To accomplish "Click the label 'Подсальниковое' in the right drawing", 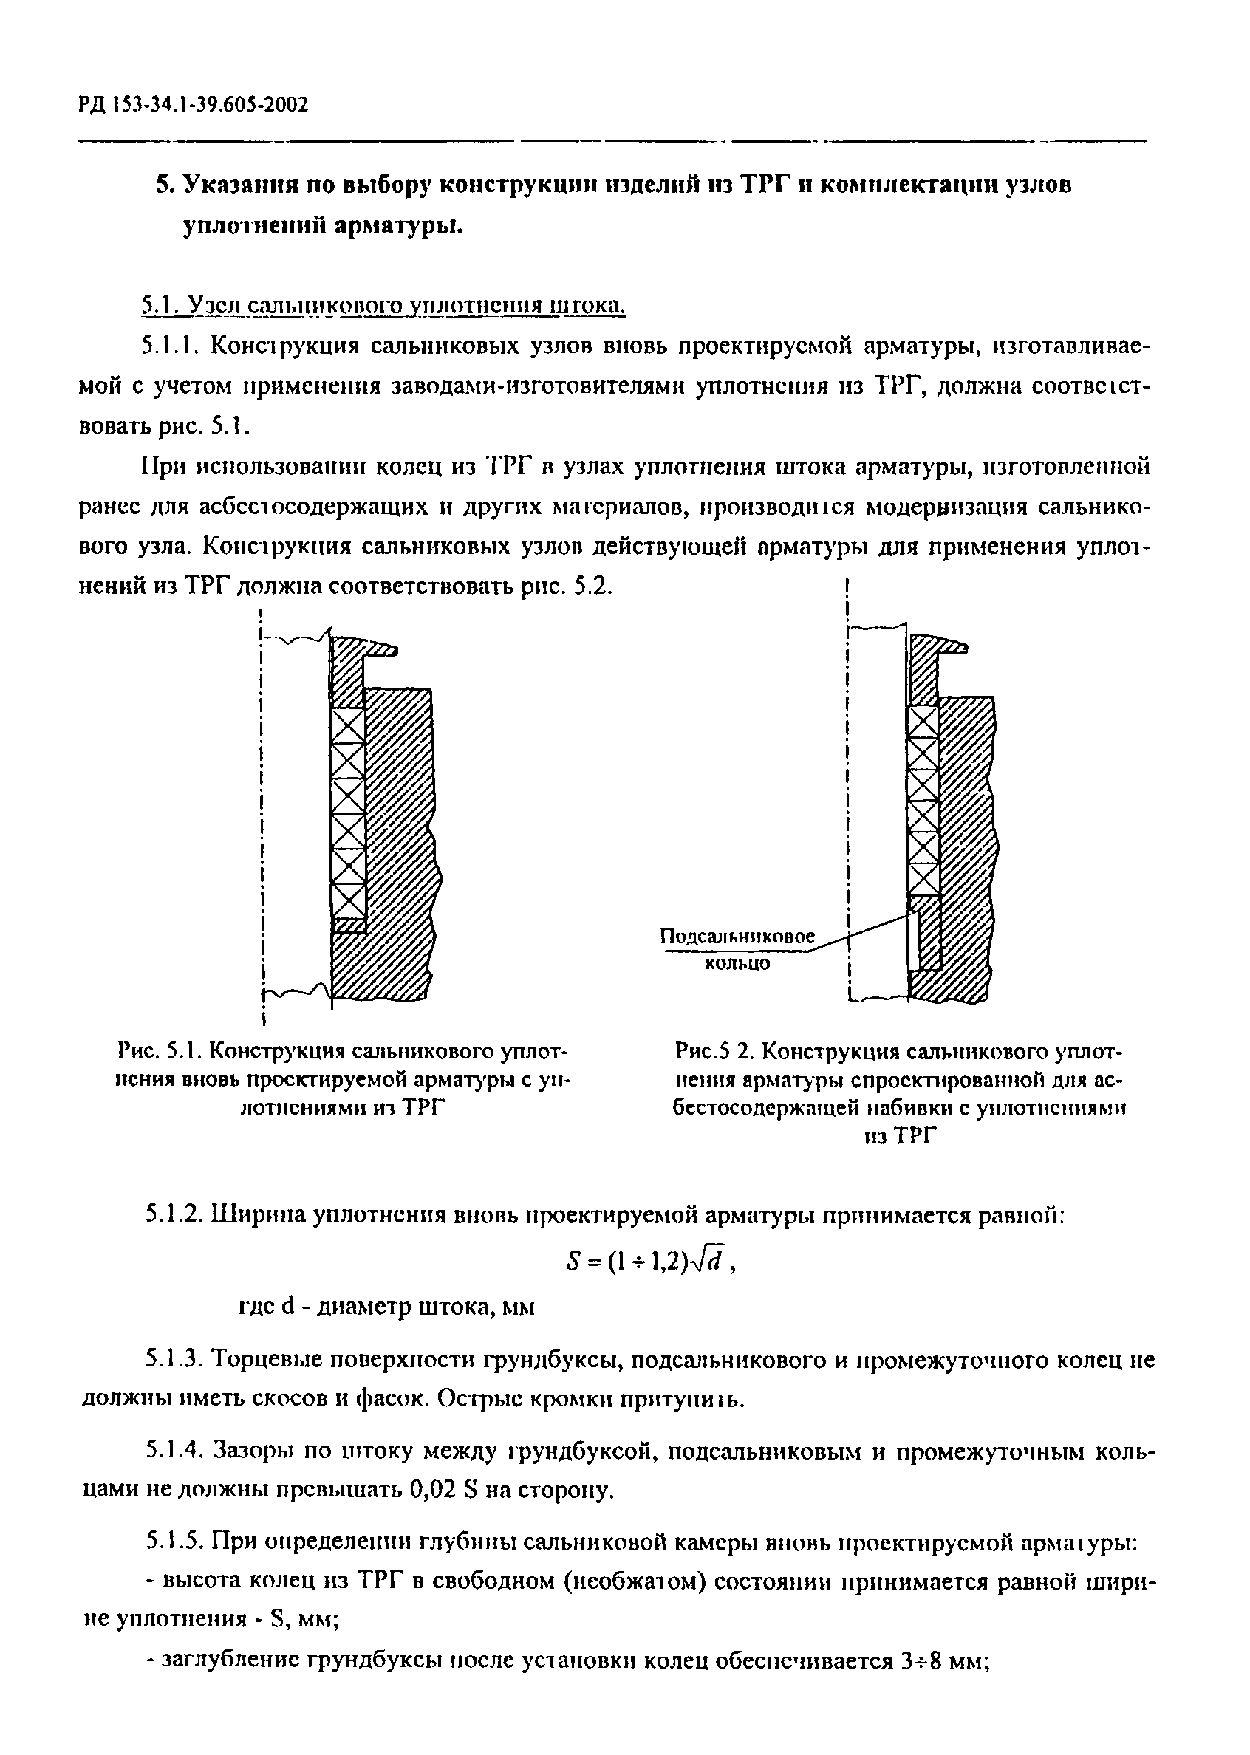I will coord(737,937).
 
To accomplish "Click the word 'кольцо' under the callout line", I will coord(737,963).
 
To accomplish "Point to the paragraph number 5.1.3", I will coord(174,1360).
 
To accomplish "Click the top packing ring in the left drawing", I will coord(347,725).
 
